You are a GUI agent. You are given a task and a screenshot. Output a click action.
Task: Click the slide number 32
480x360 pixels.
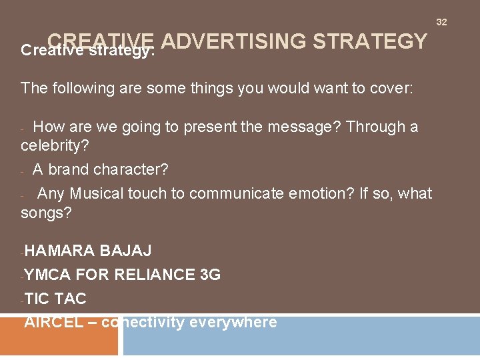pyautogui.click(x=441, y=22)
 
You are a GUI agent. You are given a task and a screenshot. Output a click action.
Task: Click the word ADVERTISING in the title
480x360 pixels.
pyautogui.click(x=233, y=41)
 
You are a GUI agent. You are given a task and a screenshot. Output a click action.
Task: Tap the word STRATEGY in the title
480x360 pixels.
pyautogui.click(x=369, y=41)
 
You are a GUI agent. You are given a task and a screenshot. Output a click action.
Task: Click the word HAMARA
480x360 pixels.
pyautogui.click(x=61, y=251)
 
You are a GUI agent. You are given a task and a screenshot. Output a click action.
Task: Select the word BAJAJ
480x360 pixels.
pyautogui.click(x=125, y=251)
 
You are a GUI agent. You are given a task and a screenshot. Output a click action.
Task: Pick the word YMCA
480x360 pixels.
pyautogui.click(x=48, y=275)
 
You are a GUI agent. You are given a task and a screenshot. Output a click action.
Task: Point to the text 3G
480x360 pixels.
pyautogui.click(x=210, y=275)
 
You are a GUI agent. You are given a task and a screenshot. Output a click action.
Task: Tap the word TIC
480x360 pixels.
pyautogui.click(x=37, y=299)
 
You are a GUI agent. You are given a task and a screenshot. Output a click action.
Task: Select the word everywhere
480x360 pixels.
pyautogui.click(x=233, y=323)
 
